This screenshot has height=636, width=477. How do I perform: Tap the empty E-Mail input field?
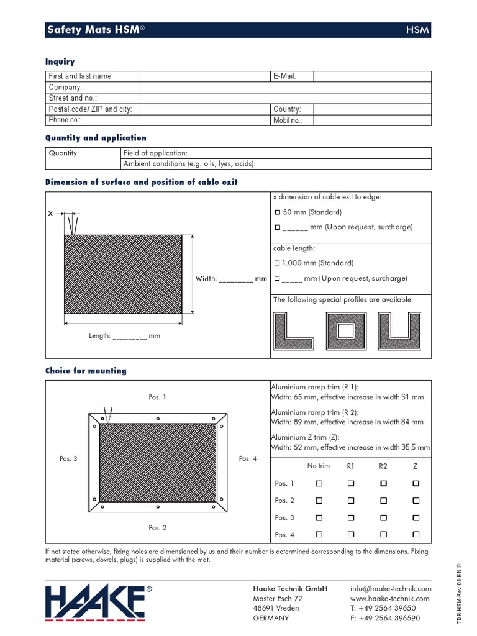(371, 76)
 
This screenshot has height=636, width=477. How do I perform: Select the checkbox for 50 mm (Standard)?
(278, 212)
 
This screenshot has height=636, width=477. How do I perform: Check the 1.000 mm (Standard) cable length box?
(277, 263)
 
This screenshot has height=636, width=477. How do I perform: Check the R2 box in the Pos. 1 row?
(384, 483)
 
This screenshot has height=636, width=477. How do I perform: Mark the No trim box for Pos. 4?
(319, 534)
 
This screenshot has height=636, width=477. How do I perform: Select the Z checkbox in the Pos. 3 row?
(416, 517)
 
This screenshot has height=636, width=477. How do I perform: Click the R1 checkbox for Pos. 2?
(351, 501)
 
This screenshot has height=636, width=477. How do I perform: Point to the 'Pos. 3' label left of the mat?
(68, 459)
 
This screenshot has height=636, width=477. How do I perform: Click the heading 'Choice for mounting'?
(86, 371)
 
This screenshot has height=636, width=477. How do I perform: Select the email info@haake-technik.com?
(390, 589)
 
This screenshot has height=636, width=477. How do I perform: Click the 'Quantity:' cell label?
(64, 153)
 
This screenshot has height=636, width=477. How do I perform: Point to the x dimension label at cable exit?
(51, 214)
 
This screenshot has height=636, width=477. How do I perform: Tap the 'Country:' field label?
(287, 109)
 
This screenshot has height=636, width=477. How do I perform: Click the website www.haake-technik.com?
(390, 599)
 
